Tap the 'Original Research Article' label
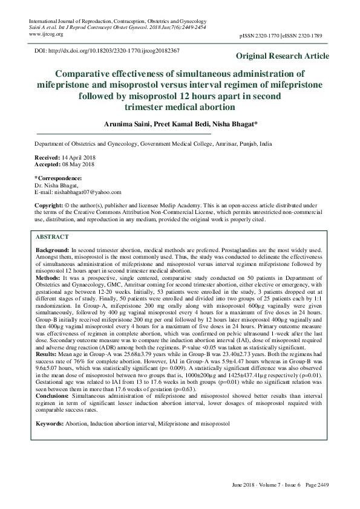pyautogui.click(x=283, y=56)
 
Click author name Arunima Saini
pyautogui.click(x=129, y=123)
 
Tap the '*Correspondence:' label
pyautogui.click(x=58, y=178)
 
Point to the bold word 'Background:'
pyautogui.click(x=53, y=250)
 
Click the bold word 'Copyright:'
pyautogui.click(x=49, y=206)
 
